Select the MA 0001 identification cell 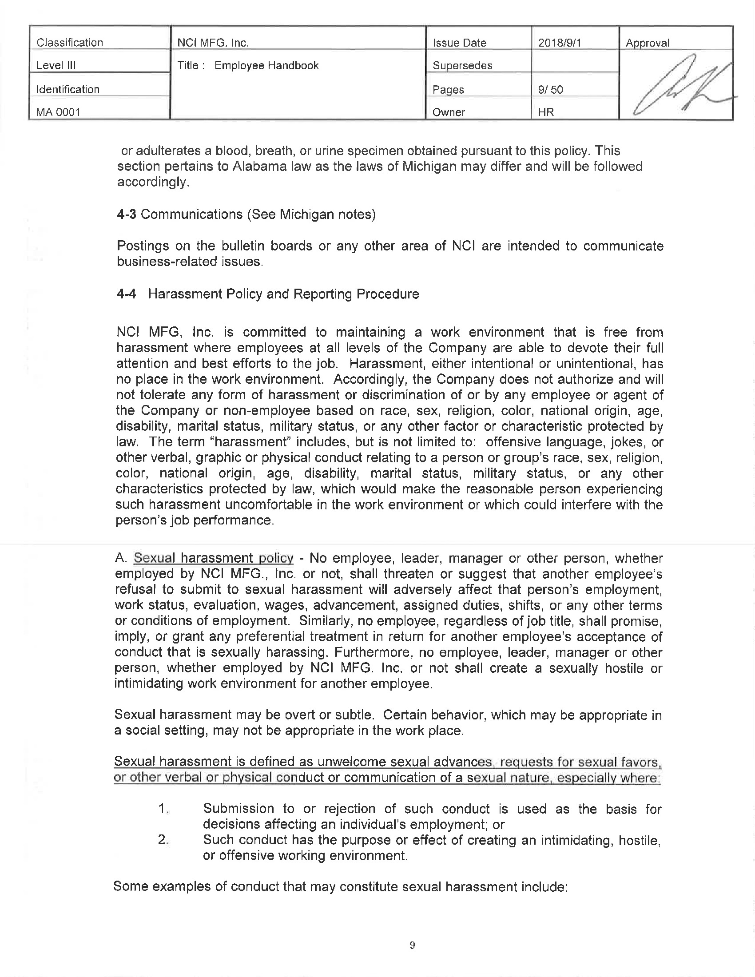(x=58, y=112)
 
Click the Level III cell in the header (x=56, y=65)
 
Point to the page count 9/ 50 (x=551, y=89)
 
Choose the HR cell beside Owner (x=546, y=112)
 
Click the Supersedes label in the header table (x=462, y=65)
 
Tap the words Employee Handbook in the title (x=266, y=65)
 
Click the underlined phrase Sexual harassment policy (x=213, y=558)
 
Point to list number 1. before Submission (x=163, y=809)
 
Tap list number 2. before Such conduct (x=163, y=840)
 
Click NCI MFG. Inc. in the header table (x=213, y=43)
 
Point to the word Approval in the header (x=647, y=43)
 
